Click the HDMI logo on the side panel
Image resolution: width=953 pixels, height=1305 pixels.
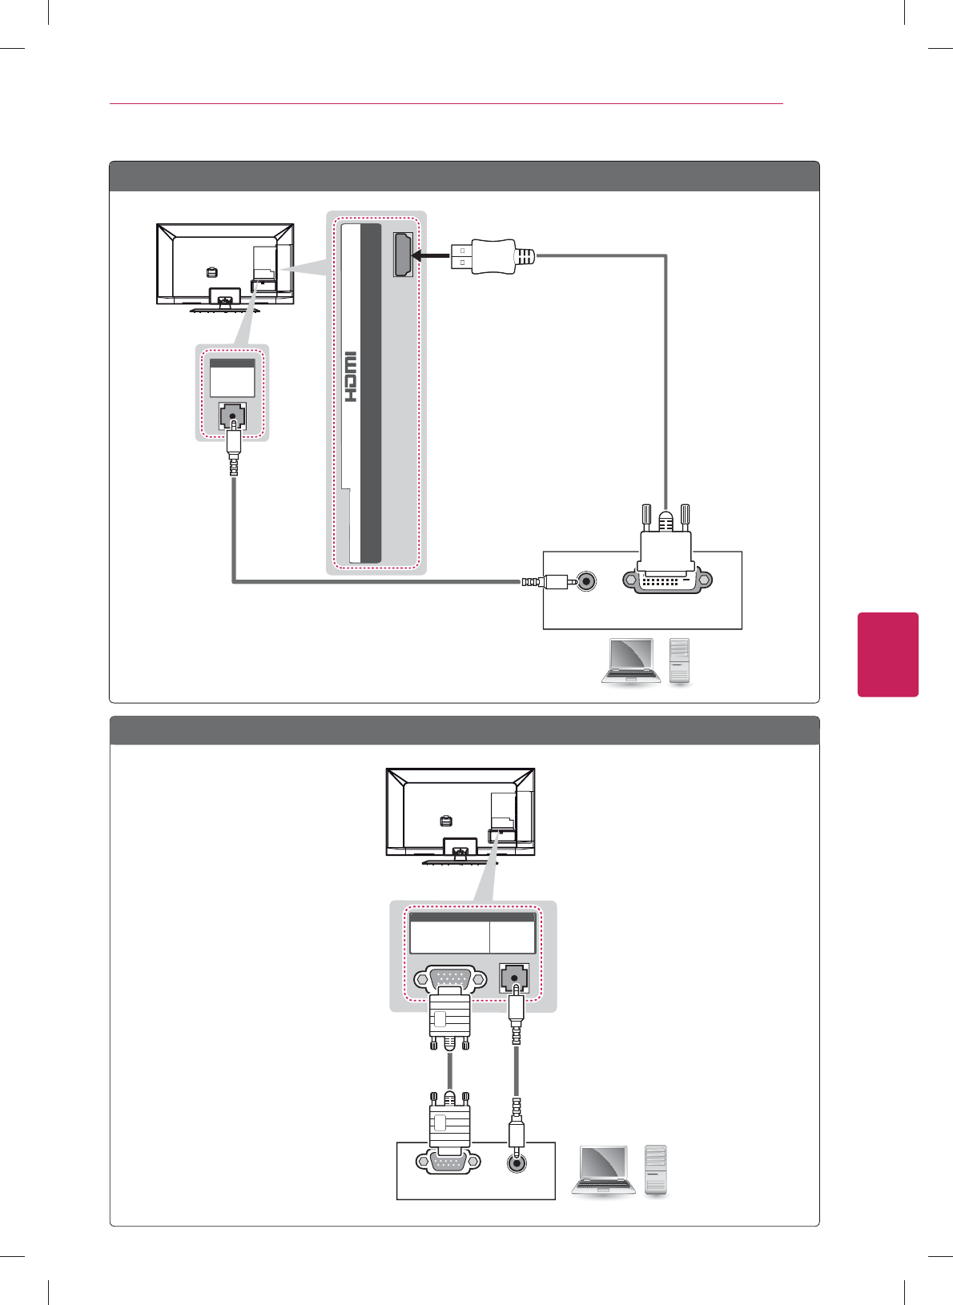(350, 376)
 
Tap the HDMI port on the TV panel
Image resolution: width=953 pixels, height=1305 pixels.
(403, 255)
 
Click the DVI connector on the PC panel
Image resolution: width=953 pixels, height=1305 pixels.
(666, 579)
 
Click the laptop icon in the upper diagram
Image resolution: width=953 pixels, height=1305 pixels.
(630, 661)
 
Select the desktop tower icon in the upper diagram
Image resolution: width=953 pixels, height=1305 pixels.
(679, 661)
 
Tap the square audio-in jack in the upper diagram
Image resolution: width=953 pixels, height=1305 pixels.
(232, 417)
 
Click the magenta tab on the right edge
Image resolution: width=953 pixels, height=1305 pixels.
(887, 654)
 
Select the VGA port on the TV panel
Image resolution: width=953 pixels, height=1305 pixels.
(450, 979)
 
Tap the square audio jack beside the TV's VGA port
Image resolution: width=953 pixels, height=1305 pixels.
(513, 978)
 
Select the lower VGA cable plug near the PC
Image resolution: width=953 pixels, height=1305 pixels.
(449, 1121)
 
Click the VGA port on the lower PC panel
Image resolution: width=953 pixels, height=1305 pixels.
(448, 1161)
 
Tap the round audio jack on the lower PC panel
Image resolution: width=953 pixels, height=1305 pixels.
(517, 1162)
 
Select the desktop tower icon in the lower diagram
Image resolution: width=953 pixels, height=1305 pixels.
(655, 1170)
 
